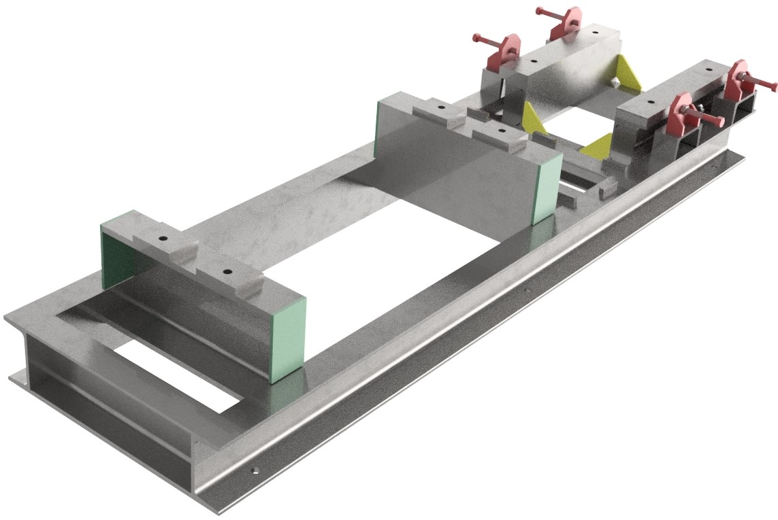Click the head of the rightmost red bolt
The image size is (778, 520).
[x=773, y=86]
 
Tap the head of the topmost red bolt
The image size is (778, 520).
[x=540, y=11]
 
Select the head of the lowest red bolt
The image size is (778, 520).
[x=720, y=122]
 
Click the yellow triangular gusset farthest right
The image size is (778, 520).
[x=628, y=72]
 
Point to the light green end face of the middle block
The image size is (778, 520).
[x=548, y=187]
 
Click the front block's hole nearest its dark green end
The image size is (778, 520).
[x=164, y=240]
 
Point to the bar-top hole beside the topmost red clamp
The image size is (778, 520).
[x=596, y=31]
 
